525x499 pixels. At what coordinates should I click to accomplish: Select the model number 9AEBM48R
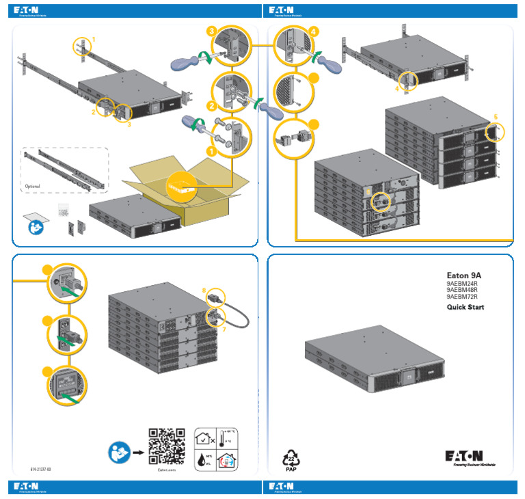coord(462,289)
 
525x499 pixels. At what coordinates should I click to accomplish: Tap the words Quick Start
coord(466,308)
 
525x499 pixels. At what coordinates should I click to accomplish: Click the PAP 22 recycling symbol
coord(291,459)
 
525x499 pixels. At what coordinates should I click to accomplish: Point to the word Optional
coord(32,186)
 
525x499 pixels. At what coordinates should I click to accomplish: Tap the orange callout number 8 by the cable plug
coord(204,291)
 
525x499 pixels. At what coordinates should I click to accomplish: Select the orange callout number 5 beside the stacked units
coord(496,116)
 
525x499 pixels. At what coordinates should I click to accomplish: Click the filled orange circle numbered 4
coord(313,31)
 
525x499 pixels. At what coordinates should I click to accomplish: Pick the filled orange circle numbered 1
coord(211,148)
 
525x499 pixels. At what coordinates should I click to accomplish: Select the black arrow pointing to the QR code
coord(137,452)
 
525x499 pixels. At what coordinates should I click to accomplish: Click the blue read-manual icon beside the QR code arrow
coord(117,452)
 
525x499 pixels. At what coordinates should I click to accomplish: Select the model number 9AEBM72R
coord(462,297)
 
